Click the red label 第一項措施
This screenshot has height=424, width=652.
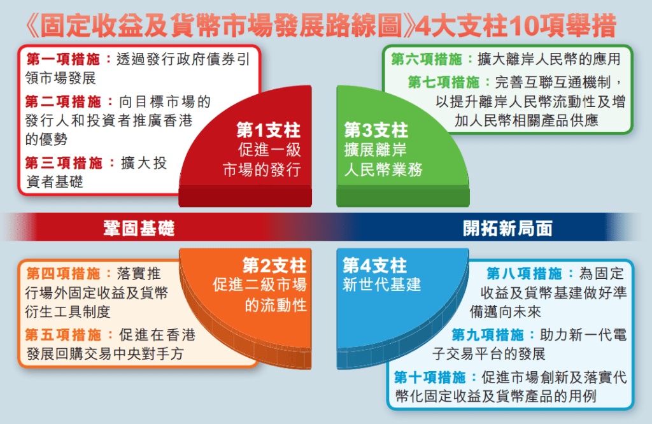click(x=64, y=60)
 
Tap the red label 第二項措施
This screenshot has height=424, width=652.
click(x=64, y=101)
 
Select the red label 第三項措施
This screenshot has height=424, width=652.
click(x=64, y=163)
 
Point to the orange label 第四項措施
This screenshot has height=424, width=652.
click(x=64, y=274)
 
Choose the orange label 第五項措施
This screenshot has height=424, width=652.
click(x=64, y=335)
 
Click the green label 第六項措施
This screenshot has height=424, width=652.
click(x=429, y=60)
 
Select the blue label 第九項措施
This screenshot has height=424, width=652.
click(x=489, y=335)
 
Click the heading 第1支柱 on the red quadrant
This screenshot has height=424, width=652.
click(x=268, y=132)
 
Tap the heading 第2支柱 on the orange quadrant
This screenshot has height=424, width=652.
click(x=274, y=265)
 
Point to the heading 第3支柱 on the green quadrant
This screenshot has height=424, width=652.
click(x=376, y=131)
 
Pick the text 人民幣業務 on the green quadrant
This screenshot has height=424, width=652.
click(x=383, y=170)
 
